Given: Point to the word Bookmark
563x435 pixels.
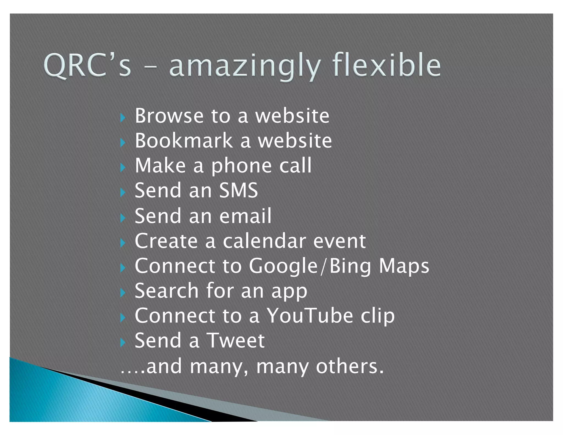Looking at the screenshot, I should (184, 141).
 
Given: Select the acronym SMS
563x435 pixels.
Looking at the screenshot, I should (238, 190).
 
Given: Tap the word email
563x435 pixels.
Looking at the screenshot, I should (245, 216).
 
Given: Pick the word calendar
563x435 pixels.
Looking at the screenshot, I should (264, 241).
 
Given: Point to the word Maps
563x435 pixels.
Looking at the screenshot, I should (404, 266).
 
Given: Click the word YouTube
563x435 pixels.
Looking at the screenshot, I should (310, 316).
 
